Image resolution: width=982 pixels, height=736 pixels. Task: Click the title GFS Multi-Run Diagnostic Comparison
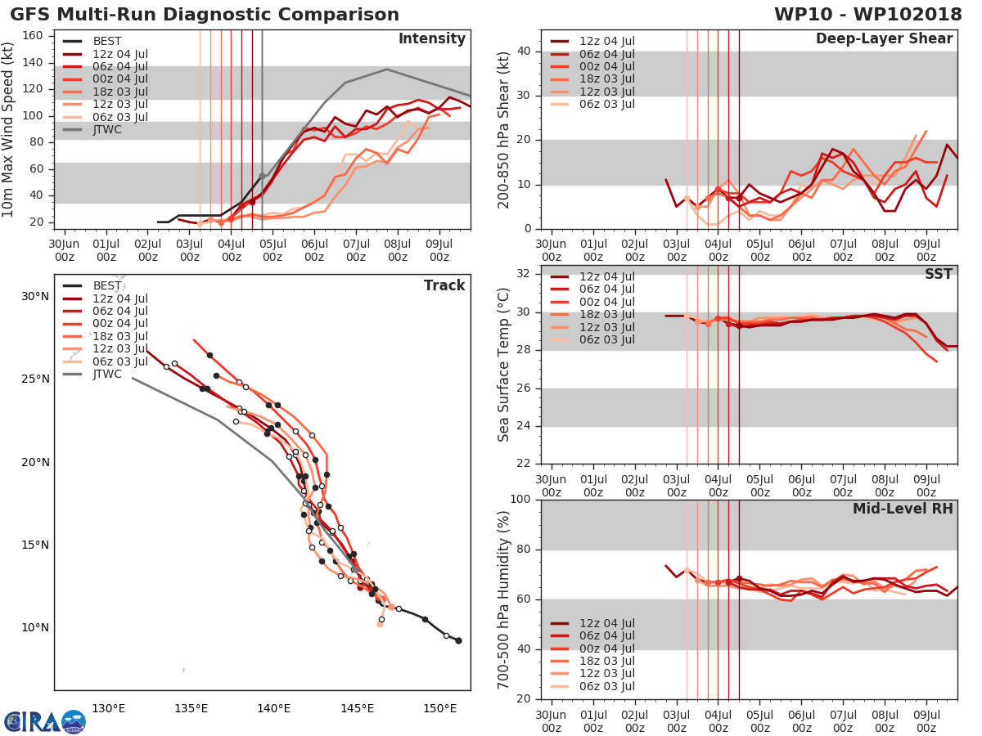pos(205,15)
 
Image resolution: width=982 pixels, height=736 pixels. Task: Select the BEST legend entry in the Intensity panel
pos(106,42)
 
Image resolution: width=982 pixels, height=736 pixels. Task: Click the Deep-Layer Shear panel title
pos(884,39)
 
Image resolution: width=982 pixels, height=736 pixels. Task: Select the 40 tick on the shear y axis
pos(525,52)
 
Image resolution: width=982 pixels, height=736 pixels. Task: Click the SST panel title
pos(939,274)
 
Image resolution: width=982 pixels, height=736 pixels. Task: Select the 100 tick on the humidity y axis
pos(521,500)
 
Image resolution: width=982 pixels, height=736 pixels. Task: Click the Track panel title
pos(444,285)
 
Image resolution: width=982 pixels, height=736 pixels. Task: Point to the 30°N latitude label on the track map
pos(34,296)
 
